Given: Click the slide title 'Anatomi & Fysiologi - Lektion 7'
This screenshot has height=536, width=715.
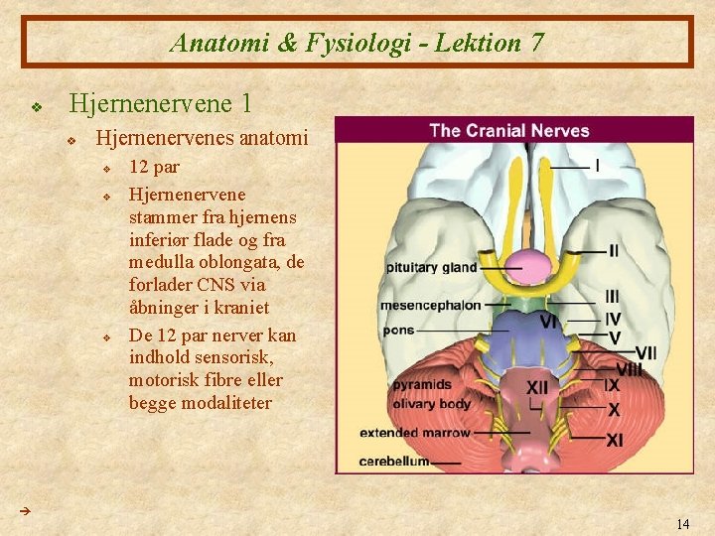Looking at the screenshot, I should click(x=357, y=43).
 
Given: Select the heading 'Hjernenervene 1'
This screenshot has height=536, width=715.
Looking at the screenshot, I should click(x=159, y=103).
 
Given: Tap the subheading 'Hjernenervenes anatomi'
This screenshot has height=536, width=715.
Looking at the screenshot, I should click(x=201, y=138).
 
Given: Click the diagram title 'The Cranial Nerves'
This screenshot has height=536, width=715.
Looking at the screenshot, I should click(x=508, y=130).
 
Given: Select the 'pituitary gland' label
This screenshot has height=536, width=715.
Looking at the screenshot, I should click(x=431, y=267).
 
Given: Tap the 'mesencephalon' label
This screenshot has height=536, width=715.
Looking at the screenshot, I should click(x=430, y=305).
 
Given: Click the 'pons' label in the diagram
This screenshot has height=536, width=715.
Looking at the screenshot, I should click(x=397, y=329).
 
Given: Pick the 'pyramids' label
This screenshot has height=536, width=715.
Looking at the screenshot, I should click(x=423, y=383).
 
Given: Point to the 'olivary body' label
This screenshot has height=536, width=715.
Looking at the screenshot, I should click(x=431, y=404).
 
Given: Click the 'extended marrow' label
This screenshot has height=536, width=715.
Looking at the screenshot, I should click(x=415, y=433).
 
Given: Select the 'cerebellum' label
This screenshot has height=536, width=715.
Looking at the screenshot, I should click(x=393, y=461).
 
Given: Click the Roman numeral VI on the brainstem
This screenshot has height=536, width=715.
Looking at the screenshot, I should click(x=548, y=321).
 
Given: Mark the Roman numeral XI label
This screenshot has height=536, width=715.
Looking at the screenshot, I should click(x=615, y=440).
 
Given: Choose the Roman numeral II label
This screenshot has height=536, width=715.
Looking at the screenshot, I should click(x=614, y=251).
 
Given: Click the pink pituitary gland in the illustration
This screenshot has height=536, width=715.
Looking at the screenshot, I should click(x=530, y=263).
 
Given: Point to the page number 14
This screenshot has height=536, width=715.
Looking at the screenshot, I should click(x=682, y=523).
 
